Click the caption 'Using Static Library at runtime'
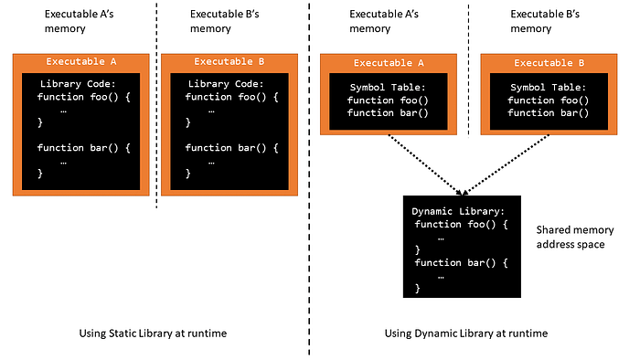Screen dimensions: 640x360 [x=153, y=334]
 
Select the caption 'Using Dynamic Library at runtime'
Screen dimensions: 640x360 [x=466, y=334]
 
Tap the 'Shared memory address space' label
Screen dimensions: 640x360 [x=575, y=237]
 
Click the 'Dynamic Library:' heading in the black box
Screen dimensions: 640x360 [x=458, y=211]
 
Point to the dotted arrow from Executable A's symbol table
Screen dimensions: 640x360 [x=425, y=164]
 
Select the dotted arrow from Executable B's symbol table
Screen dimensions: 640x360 [x=507, y=164]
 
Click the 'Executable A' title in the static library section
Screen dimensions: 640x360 [x=81, y=61]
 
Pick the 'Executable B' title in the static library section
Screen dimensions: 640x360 [x=229, y=61]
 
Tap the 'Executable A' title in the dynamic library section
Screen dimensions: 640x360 [x=389, y=63]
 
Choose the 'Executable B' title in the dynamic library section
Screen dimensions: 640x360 [x=549, y=63]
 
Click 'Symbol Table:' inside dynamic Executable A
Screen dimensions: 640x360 [x=388, y=87]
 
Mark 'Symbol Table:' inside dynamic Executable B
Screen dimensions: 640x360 [x=549, y=87]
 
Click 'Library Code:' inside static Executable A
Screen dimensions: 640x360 [x=78, y=84]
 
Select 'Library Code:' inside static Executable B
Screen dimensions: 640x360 [x=226, y=84]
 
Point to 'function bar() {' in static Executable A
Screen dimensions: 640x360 [x=84, y=148]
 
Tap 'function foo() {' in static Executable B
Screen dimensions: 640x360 [x=232, y=97]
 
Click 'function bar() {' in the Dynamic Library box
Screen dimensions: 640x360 [x=461, y=262]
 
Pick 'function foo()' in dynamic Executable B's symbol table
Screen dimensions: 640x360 [x=549, y=101]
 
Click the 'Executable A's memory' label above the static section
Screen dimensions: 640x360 [x=79, y=21]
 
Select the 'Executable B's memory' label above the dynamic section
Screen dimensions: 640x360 [x=545, y=21]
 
